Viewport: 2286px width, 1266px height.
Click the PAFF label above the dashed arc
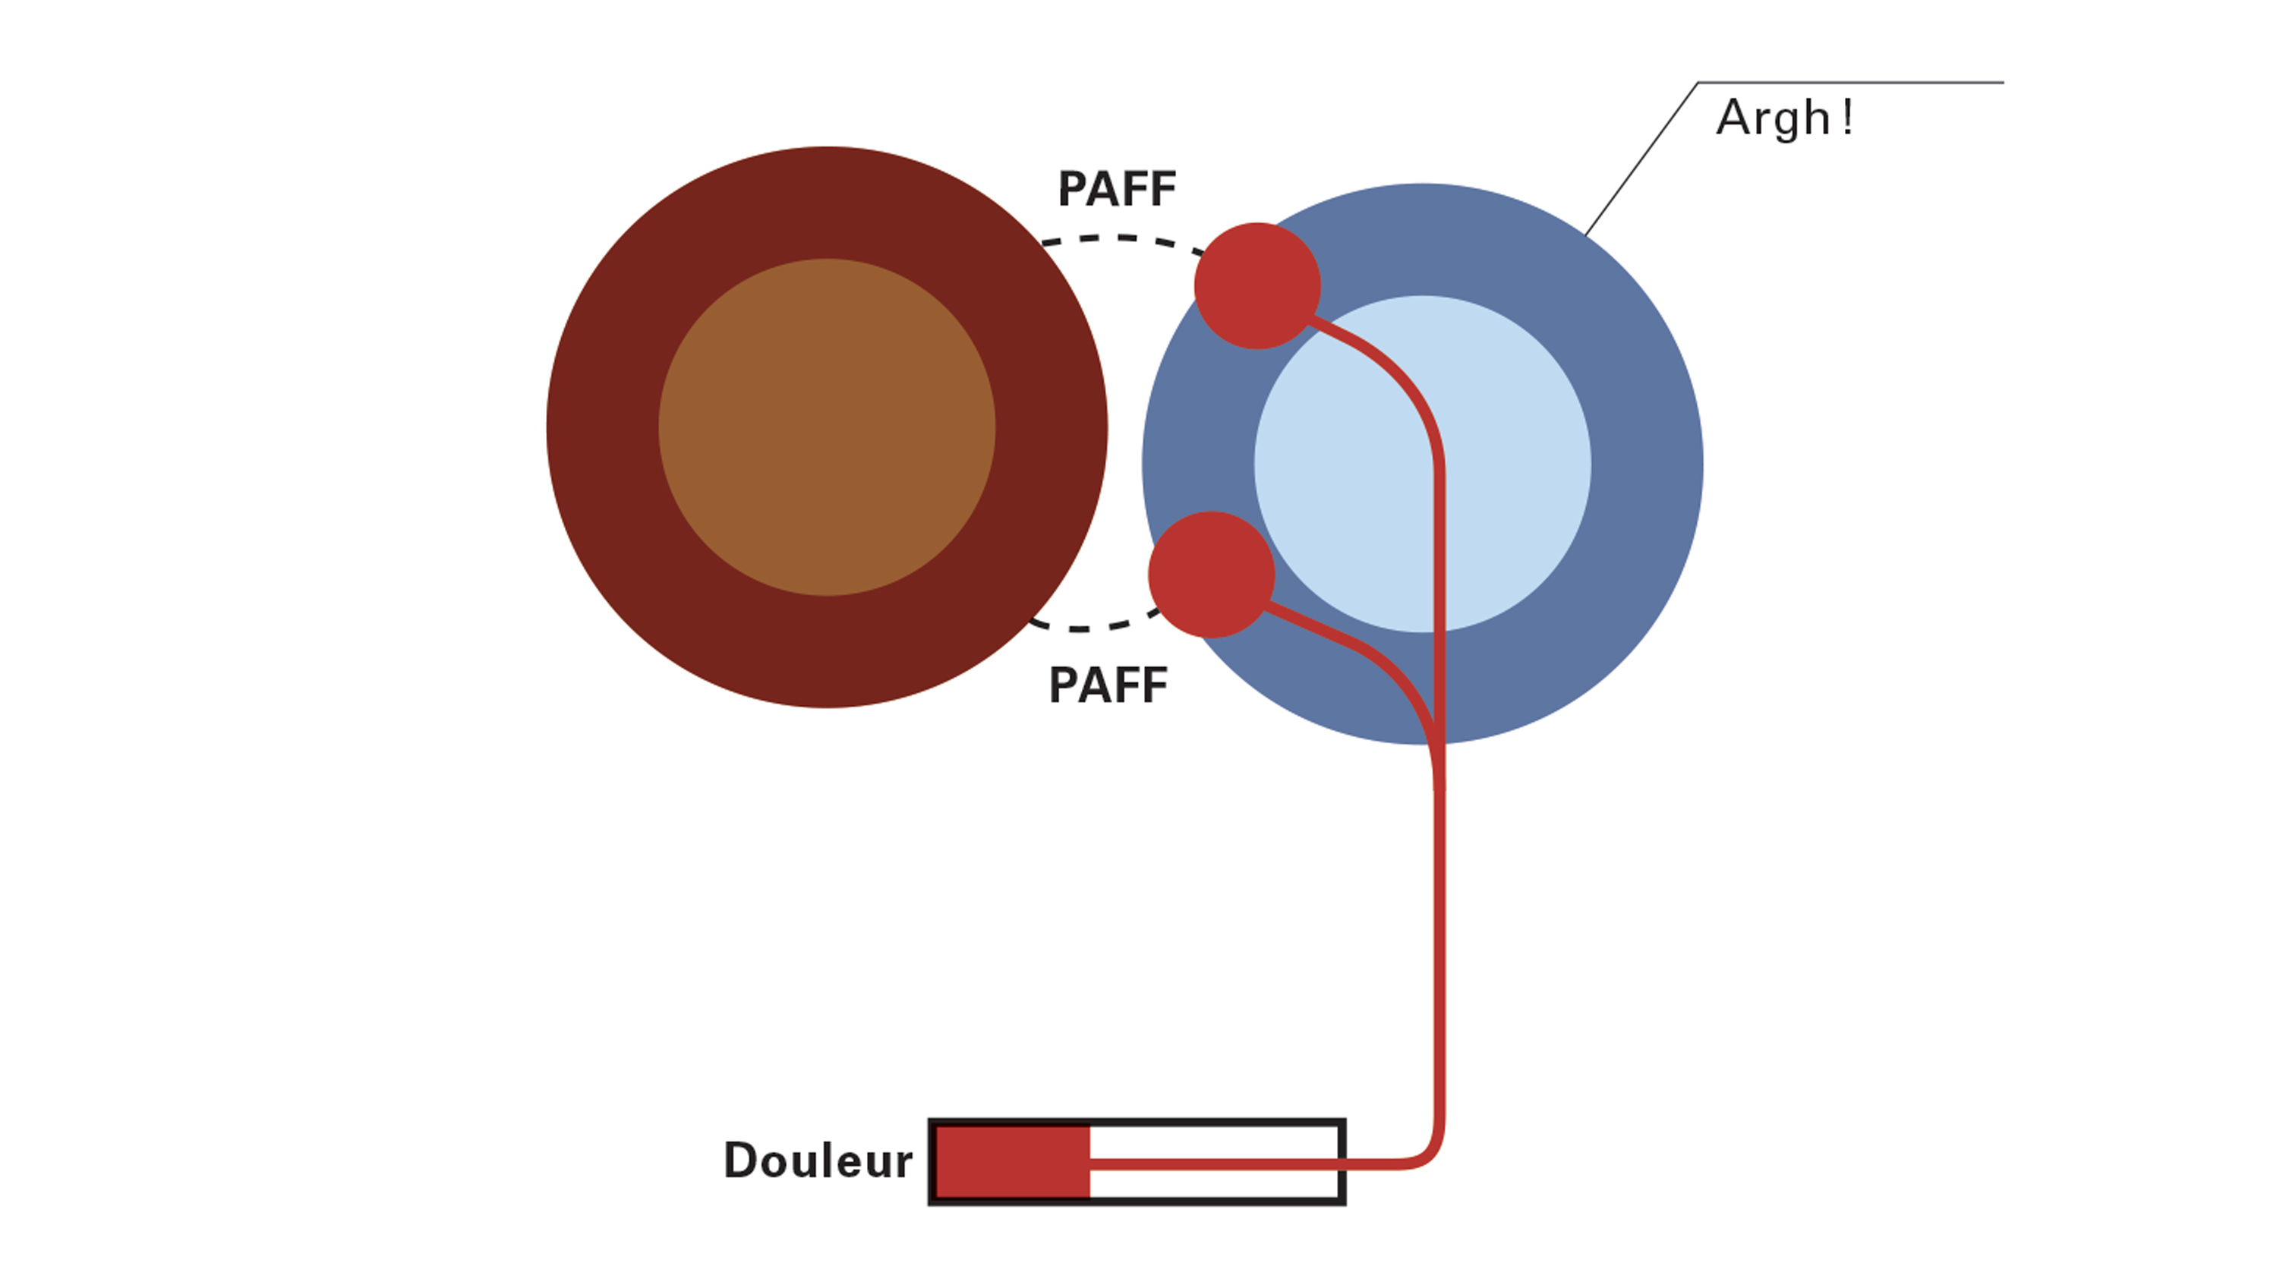1116,189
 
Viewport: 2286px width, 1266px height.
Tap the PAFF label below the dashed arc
1108,686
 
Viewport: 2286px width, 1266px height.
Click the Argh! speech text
1773,118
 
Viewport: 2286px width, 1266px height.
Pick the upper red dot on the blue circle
1257,285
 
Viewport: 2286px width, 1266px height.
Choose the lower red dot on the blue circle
1212,574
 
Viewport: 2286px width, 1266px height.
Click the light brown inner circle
826,427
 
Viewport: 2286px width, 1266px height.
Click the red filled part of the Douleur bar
1013,1161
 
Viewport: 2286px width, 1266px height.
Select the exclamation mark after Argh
1846,118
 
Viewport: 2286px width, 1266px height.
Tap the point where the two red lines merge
1438,754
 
